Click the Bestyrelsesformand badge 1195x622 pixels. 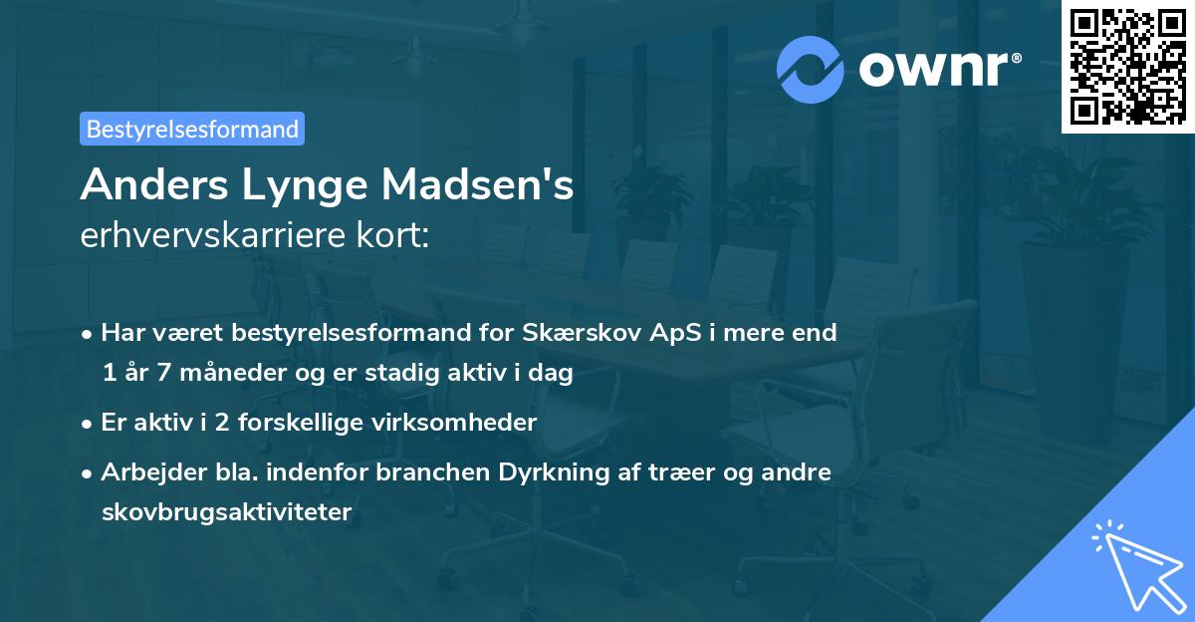click(x=192, y=129)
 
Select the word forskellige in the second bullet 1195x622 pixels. click(x=308, y=422)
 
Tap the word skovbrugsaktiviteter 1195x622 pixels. click(x=226, y=512)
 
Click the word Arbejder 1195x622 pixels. click(x=146, y=471)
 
